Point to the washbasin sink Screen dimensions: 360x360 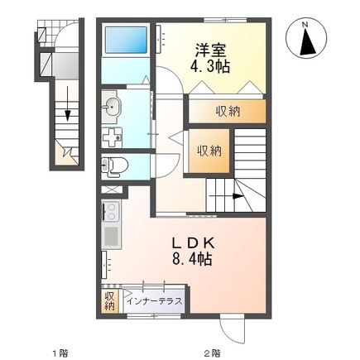pos(114,105)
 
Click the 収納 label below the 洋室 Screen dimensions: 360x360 pos(229,110)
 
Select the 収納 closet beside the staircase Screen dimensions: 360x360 pos(209,151)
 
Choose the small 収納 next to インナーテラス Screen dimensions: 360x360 pos(110,300)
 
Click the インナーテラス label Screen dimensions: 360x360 pos(155,300)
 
